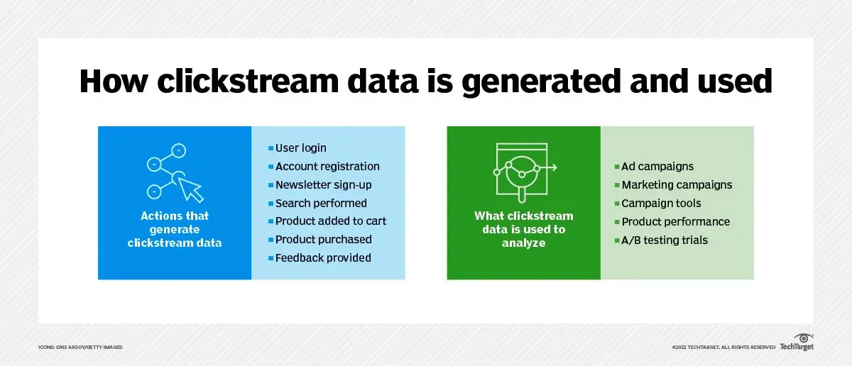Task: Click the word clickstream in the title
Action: (248, 81)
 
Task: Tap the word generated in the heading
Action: (541, 82)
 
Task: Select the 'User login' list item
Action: (300, 148)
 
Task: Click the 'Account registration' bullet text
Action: (327, 167)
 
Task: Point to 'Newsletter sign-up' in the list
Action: (323, 185)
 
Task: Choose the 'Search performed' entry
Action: (321, 204)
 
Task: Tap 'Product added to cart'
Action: (331, 221)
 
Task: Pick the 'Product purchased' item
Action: (323, 240)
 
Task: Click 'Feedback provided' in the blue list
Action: (323, 258)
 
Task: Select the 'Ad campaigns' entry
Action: (657, 167)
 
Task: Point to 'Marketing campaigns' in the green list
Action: (677, 185)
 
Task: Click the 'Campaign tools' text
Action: (661, 204)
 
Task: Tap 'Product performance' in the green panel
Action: (675, 221)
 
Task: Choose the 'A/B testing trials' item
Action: (665, 240)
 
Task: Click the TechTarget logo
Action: (797, 343)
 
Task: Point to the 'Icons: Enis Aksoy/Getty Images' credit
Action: (80, 347)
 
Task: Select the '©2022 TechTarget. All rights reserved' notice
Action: (723, 347)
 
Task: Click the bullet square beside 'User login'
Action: (271, 148)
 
